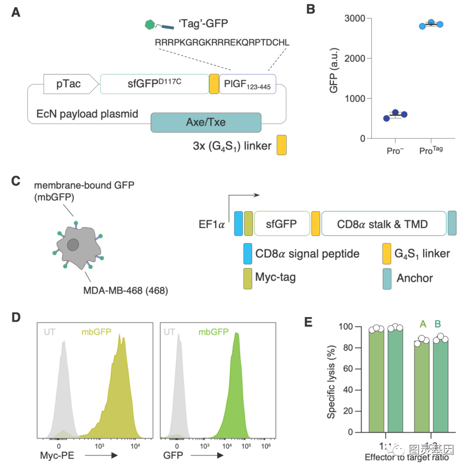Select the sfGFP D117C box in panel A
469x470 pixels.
coord(155,84)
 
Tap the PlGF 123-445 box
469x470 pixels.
coord(247,84)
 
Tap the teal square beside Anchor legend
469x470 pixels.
coord(387,277)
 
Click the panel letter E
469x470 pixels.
coord(308,322)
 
